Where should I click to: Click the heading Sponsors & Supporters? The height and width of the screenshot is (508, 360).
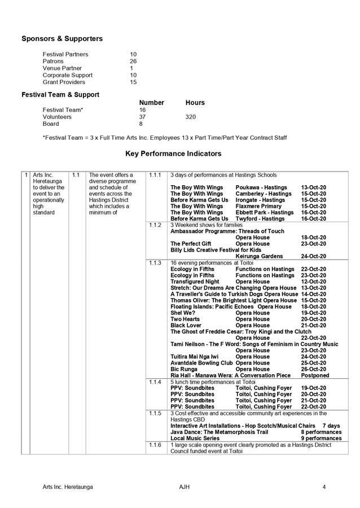pos(62,39)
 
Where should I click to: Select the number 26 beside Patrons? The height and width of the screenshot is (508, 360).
pos(133,61)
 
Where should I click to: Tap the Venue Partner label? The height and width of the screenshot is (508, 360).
pos(62,68)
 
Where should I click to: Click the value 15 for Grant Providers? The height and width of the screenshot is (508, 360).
pos(133,82)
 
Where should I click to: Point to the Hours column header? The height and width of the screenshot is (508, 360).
pos(195,103)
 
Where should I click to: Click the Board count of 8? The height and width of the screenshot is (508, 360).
pos(141,124)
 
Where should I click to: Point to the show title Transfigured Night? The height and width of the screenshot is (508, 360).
pos(195,281)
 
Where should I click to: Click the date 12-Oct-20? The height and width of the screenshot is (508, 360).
pos(314,281)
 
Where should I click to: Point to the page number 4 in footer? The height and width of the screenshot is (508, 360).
pos(324,487)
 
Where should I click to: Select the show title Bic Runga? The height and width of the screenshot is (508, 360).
pos(184,369)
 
